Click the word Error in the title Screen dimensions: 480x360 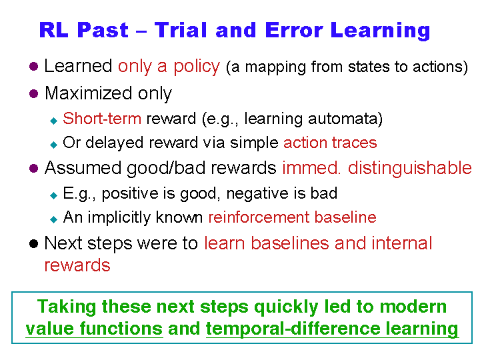pos(294,30)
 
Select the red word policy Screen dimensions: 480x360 pos(197,67)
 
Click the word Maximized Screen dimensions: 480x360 pos(88,93)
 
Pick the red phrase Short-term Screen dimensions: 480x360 pos(102,119)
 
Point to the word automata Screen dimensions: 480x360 pos(343,119)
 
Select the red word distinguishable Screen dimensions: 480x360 pos(409,168)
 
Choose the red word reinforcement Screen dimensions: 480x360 pos(259,217)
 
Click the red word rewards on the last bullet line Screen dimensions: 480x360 pos(77,265)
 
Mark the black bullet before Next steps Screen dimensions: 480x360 pos(34,244)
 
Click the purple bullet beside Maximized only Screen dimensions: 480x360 pos(34,94)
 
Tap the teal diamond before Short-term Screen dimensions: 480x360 pos(54,121)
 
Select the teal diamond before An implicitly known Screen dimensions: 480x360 pos(54,219)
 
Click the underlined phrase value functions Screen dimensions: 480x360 pos(94,329)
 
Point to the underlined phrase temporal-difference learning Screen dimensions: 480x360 pos(332,329)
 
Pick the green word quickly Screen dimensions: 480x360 pos(286,307)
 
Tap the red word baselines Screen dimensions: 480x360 pos(289,243)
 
